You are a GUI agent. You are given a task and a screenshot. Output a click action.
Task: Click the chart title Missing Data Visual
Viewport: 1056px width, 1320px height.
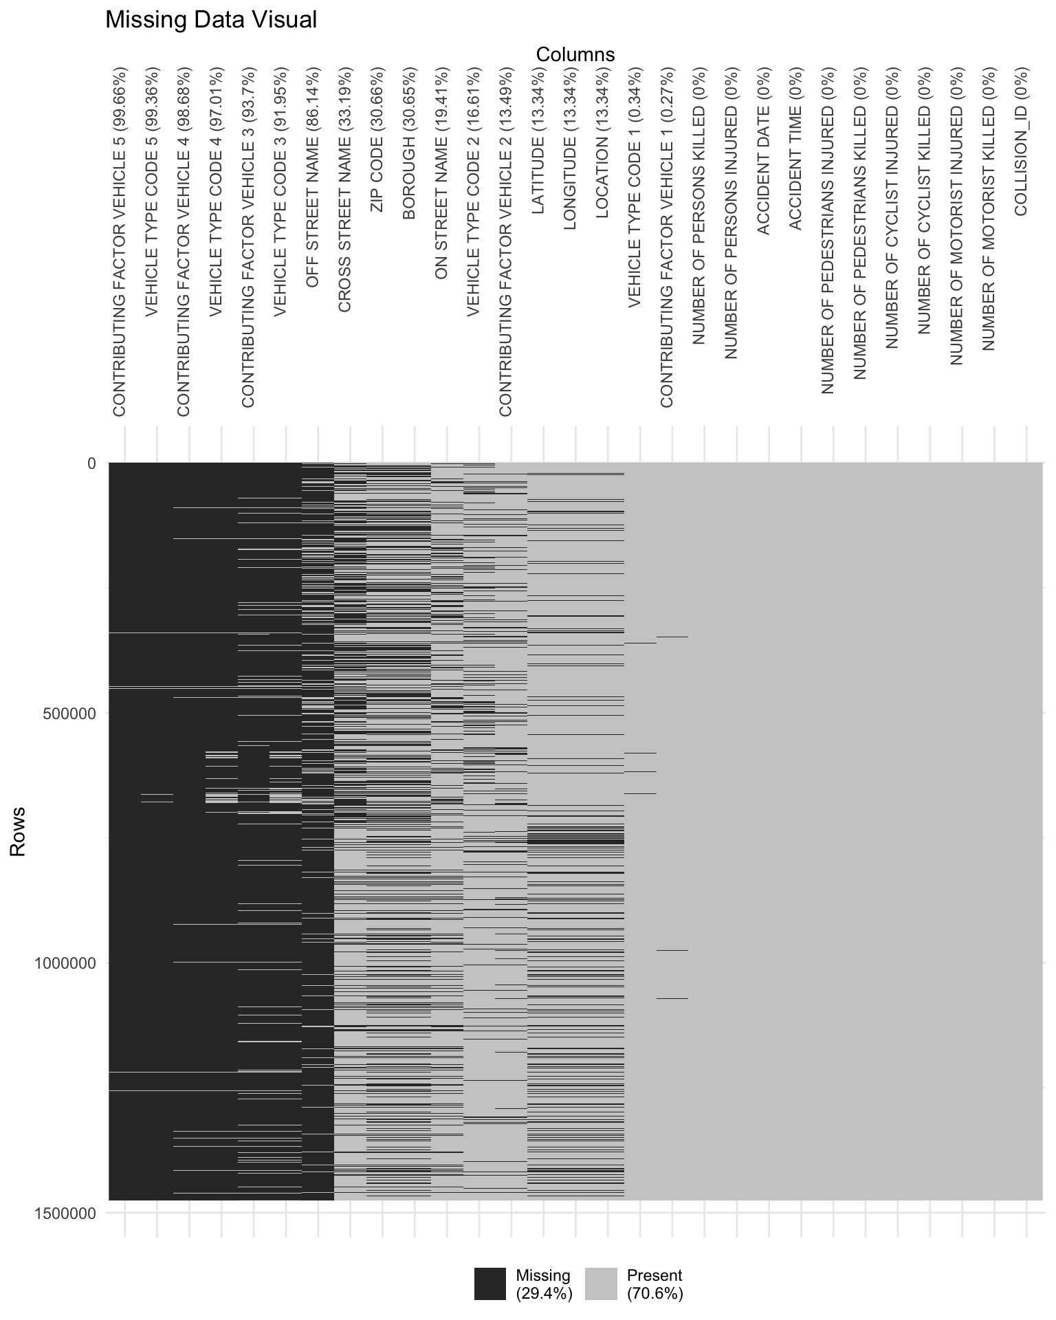click(x=211, y=20)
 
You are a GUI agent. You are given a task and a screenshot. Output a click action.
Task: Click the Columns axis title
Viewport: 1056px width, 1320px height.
click(x=575, y=54)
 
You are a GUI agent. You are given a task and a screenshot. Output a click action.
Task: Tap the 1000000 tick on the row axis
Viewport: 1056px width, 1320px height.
click(x=60, y=963)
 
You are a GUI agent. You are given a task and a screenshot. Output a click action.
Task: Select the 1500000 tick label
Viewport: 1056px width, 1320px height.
click(x=60, y=1213)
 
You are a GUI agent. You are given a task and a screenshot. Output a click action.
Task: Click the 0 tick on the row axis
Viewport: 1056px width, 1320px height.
click(x=91, y=463)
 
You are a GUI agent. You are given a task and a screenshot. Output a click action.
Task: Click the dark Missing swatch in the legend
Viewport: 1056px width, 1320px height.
click(x=489, y=1284)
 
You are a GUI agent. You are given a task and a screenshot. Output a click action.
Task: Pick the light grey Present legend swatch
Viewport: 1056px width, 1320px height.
click(x=601, y=1284)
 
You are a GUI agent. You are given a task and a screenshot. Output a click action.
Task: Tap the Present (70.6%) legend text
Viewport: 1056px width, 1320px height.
click(x=654, y=1284)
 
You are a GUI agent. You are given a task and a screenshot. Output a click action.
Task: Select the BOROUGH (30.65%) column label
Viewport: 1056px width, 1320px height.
click(x=409, y=143)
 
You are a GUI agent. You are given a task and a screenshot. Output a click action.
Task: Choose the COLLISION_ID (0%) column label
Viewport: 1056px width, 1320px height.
click(x=1021, y=141)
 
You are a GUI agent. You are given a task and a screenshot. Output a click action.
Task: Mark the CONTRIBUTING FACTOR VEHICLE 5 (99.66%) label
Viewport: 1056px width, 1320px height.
click(x=120, y=241)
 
